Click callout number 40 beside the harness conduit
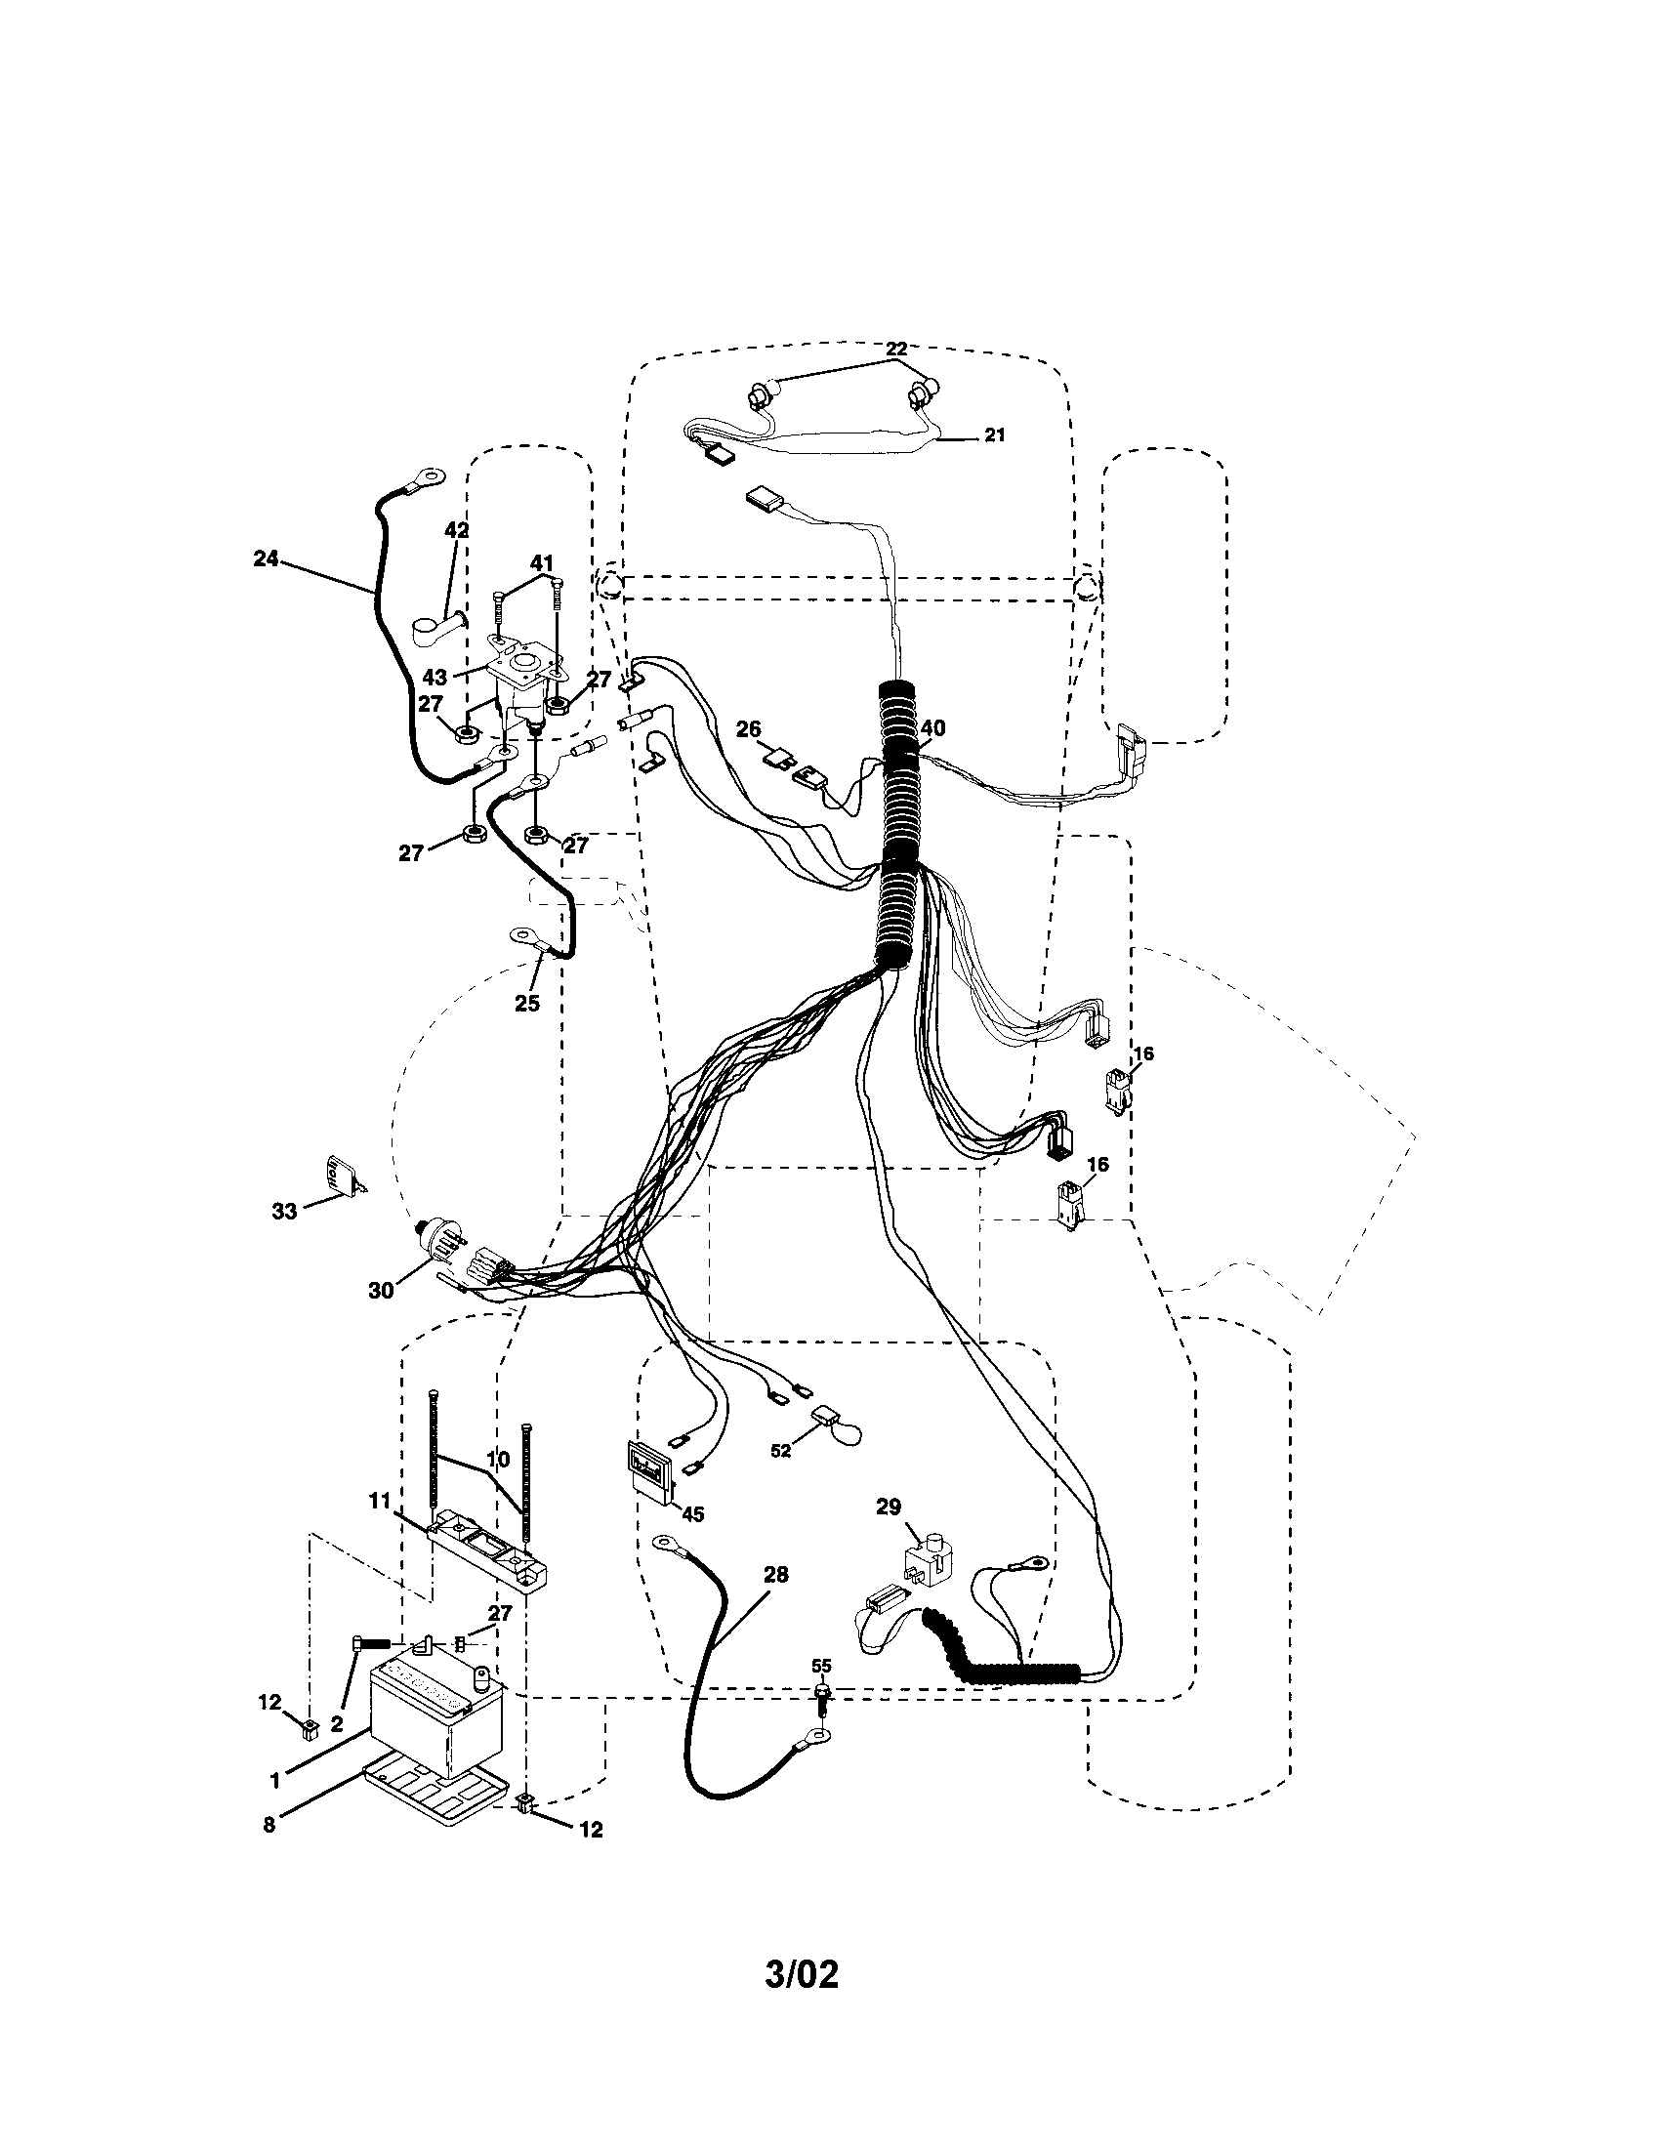pyautogui.click(x=932, y=727)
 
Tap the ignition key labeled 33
pyautogui.click(x=339, y=1176)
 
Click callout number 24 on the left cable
pyautogui.click(x=266, y=559)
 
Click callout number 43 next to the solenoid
pyautogui.click(x=435, y=678)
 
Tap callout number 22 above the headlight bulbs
pyautogui.click(x=895, y=349)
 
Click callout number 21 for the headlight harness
pyautogui.click(x=995, y=434)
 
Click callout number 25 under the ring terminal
pyautogui.click(x=528, y=1003)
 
